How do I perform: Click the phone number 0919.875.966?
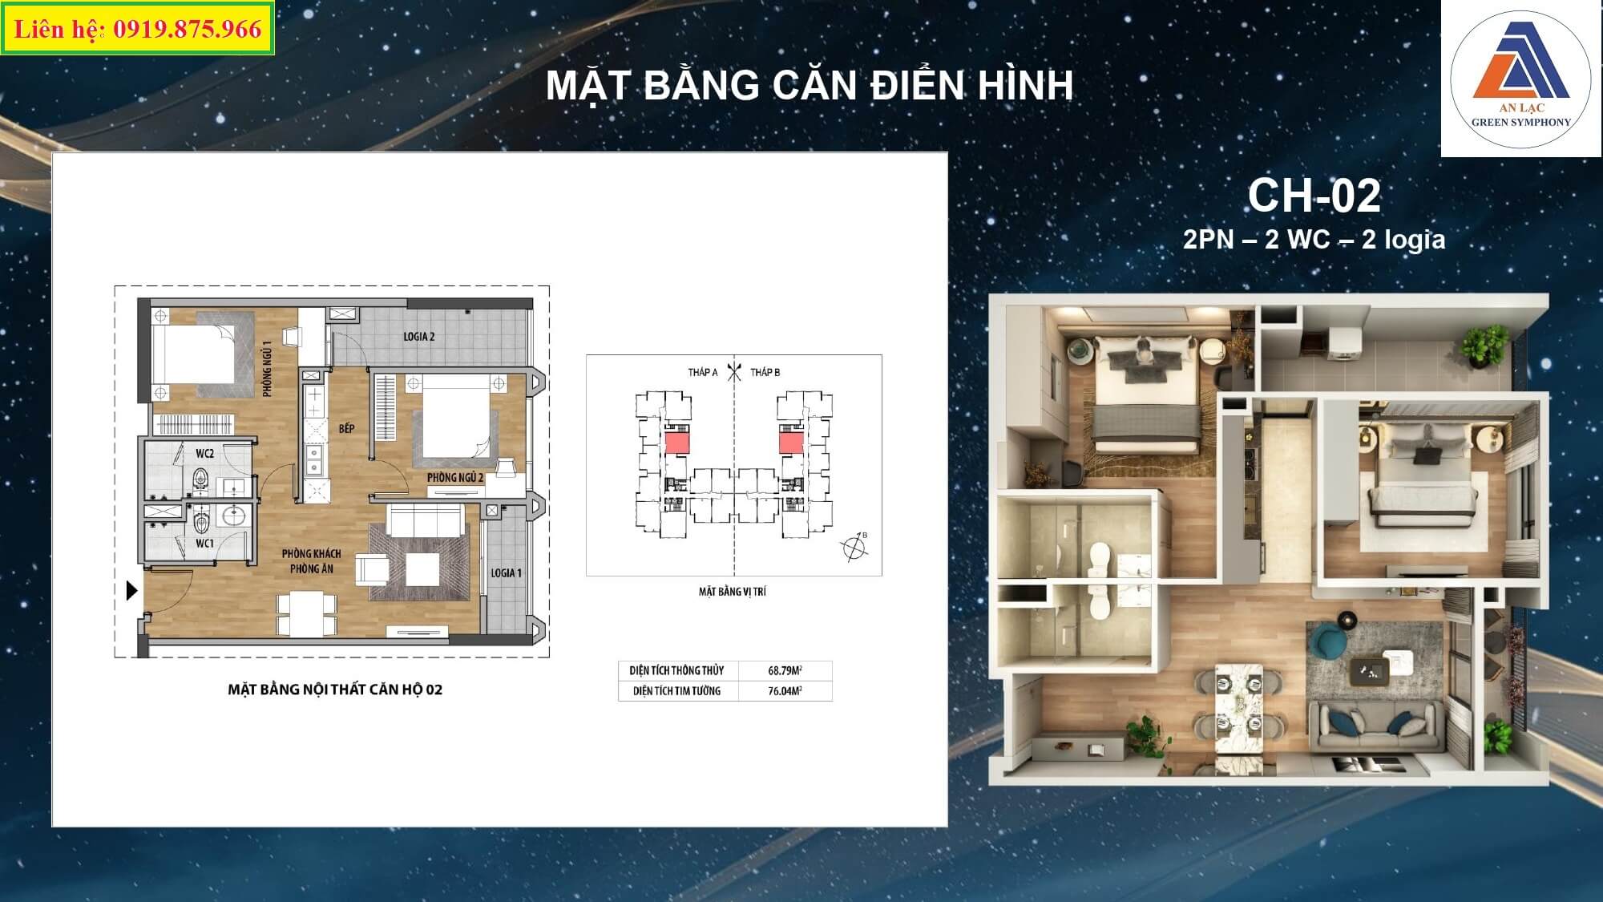(x=188, y=30)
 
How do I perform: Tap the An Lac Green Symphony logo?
(x=1520, y=79)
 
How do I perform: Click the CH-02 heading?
(x=1314, y=196)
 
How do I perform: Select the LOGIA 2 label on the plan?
(x=419, y=337)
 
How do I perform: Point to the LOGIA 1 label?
(x=507, y=573)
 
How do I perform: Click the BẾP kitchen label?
(x=346, y=429)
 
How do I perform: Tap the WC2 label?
(x=205, y=454)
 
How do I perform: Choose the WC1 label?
(x=205, y=544)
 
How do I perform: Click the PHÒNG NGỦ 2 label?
(x=455, y=478)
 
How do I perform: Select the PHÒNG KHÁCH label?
(x=311, y=554)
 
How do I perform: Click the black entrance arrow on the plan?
(x=132, y=591)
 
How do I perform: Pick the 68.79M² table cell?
(x=785, y=670)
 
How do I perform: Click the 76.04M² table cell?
(x=785, y=690)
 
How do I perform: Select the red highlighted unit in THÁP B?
(x=792, y=442)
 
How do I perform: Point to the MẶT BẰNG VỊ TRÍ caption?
(x=733, y=592)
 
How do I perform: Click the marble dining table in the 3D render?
(x=1235, y=709)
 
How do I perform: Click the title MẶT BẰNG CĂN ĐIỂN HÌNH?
(x=810, y=86)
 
